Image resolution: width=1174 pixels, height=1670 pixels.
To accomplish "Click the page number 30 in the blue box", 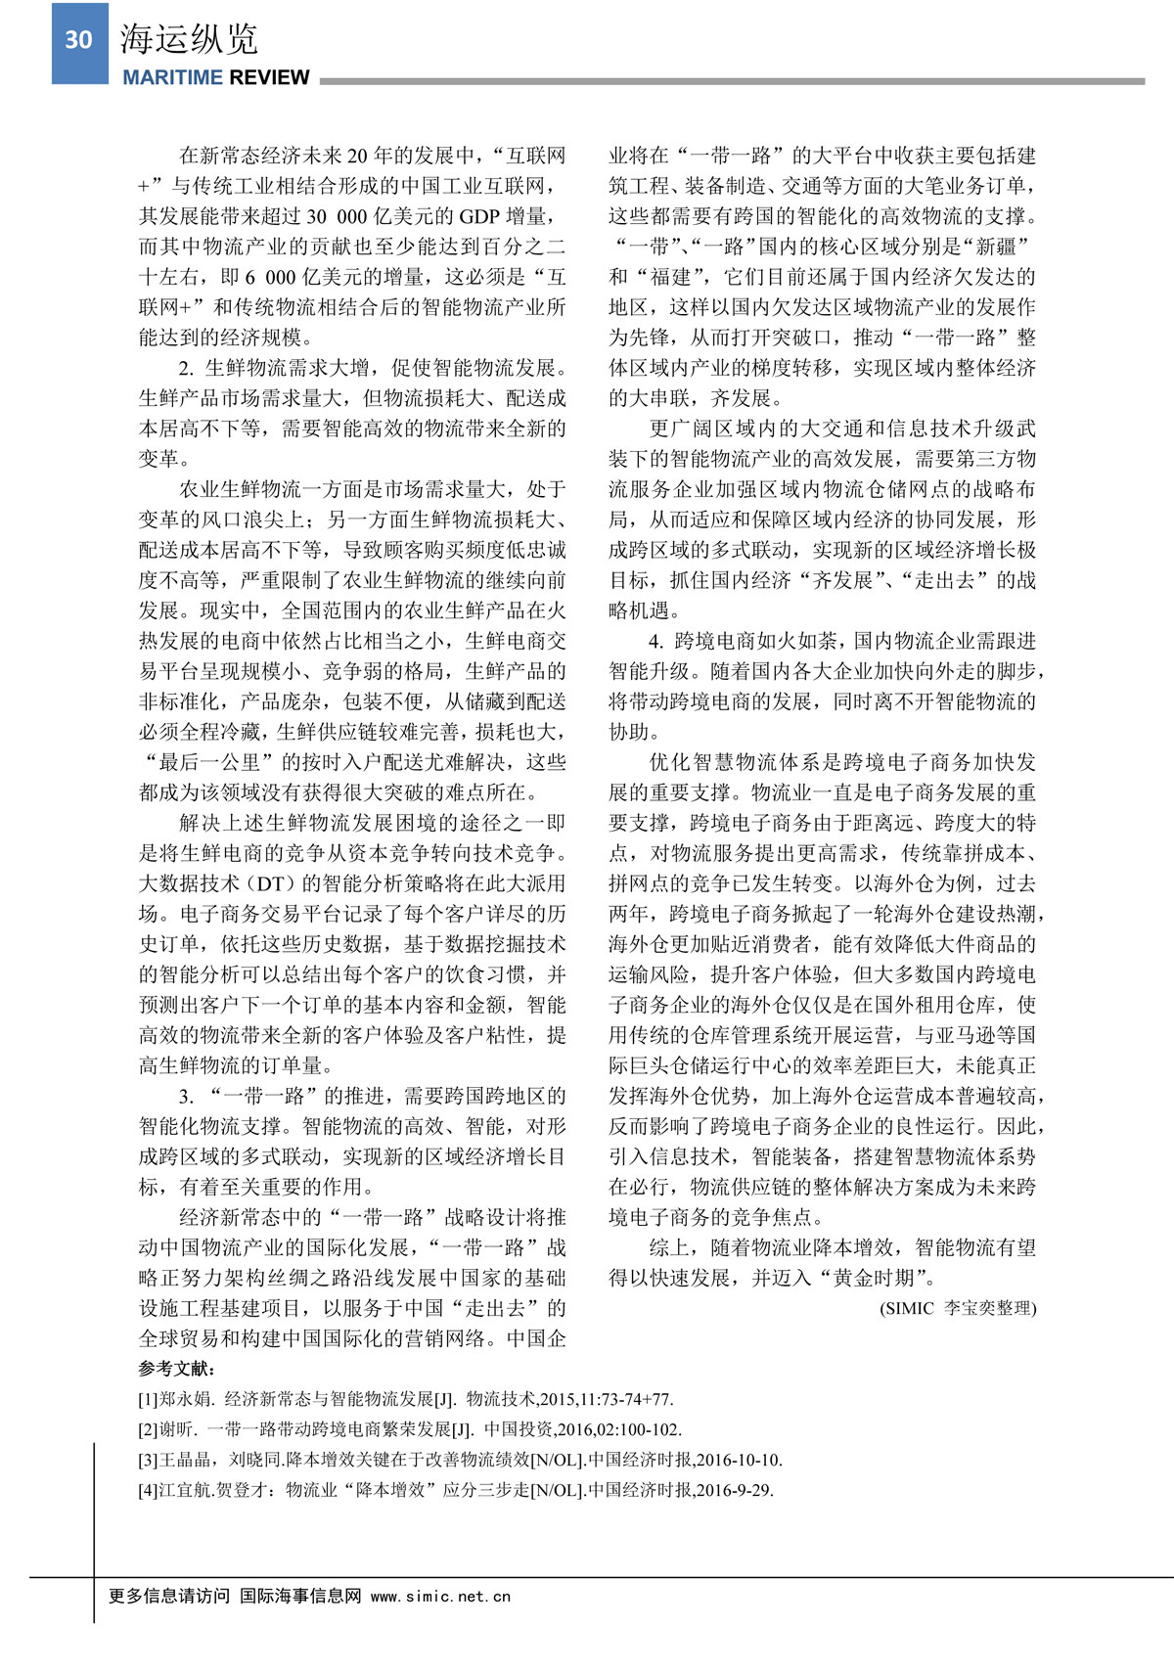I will coord(78,40).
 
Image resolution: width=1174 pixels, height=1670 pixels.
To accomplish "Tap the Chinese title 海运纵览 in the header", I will coord(189,39).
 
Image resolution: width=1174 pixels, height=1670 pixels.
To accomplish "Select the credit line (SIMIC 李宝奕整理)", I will coord(958,1308).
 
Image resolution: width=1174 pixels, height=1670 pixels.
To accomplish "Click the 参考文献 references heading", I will coord(177,1369).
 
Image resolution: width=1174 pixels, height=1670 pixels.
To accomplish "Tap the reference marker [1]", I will coord(148,1399).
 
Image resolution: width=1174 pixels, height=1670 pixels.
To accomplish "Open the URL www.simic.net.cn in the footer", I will coord(440,1597).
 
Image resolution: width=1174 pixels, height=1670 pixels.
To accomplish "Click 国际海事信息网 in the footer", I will coord(300,1596).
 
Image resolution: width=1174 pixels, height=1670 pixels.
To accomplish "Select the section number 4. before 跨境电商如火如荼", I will coord(655,641).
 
